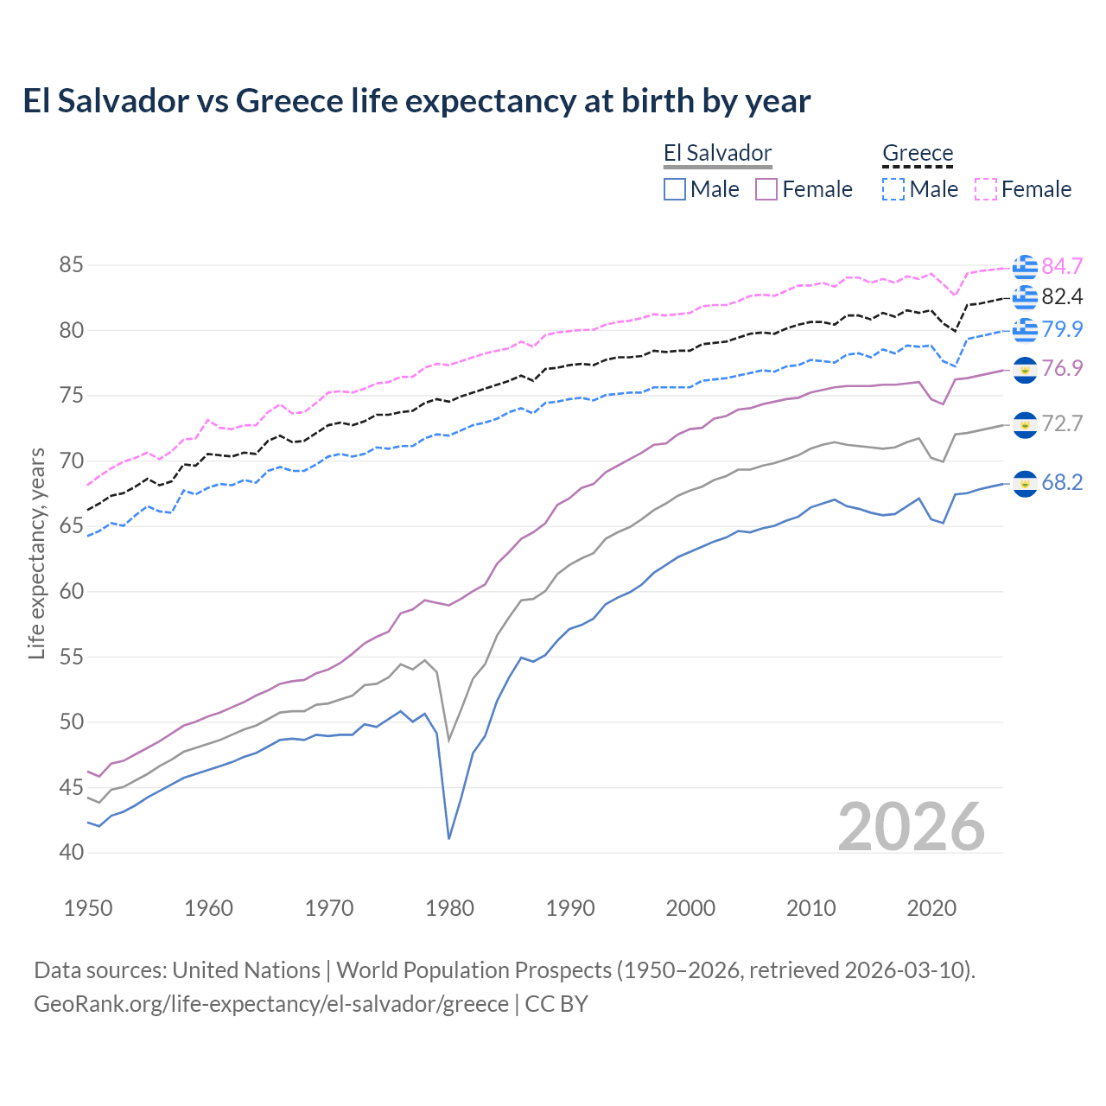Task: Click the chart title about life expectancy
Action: pos(416,101)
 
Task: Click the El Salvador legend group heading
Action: pos(717,153)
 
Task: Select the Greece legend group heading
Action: pos(917,153)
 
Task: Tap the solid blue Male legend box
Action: pos(675,189)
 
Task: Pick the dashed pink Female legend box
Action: pos(986,189)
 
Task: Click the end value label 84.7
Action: pos(1062,266)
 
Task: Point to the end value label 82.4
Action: pos(1062,297)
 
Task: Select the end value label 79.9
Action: pos(1062,329)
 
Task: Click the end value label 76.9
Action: pos(1062,369)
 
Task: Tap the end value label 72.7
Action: pos(1062,424)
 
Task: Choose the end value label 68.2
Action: pos(1062,483)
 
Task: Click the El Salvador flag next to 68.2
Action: pos(1025,484)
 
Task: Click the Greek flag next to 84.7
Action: pos(1025,267)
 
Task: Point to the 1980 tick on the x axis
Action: pos(450,908)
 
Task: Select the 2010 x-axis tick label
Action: pos(810,908)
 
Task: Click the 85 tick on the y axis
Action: pos(71,265)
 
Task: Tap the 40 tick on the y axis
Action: pos(71,853)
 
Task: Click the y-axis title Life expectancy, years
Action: pos(36,553)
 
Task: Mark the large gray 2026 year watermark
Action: pos(911,827)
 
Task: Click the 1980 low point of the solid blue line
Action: pos(449,838)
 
